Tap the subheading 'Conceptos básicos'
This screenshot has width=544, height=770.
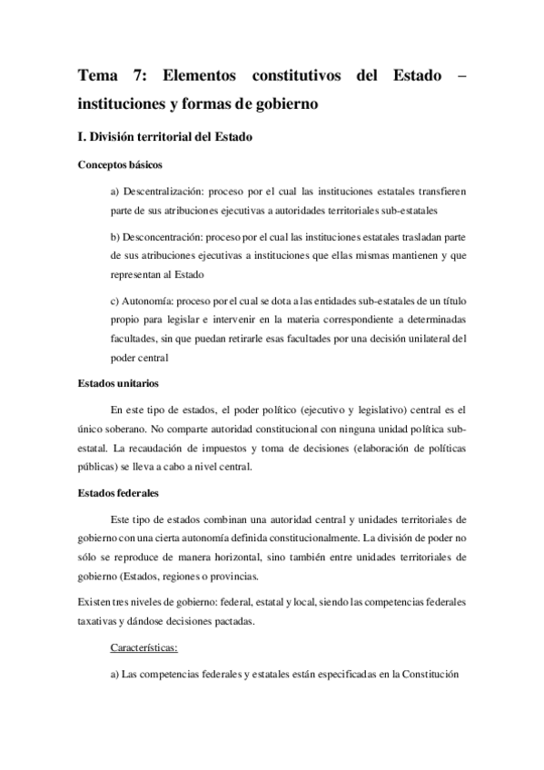click(121, 165)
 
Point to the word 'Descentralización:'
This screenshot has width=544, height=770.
click(160, 192)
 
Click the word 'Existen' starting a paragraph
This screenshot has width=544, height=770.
click(98, 601)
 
